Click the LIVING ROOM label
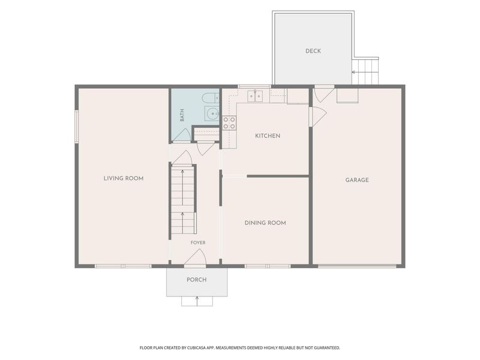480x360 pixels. coord(124,178)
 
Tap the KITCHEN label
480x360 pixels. coord(268,136)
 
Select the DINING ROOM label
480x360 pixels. coord(265,223)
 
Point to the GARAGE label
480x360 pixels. coord(357,180)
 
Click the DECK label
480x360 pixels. coord(313,51)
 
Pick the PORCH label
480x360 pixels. coord(197,280)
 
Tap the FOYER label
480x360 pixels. coord(198,243)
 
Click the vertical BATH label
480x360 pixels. coord(182,115)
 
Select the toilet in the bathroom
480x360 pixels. coord(211,98)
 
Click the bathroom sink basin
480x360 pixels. coord(212,114)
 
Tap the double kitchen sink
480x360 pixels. coord(254,96)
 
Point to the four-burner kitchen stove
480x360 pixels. coord(229,123)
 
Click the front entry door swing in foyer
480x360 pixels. coord(196,257)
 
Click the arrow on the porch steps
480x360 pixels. coord(197,301)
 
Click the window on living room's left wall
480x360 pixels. coord(77,126)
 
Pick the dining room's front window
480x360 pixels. coord(267,266)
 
